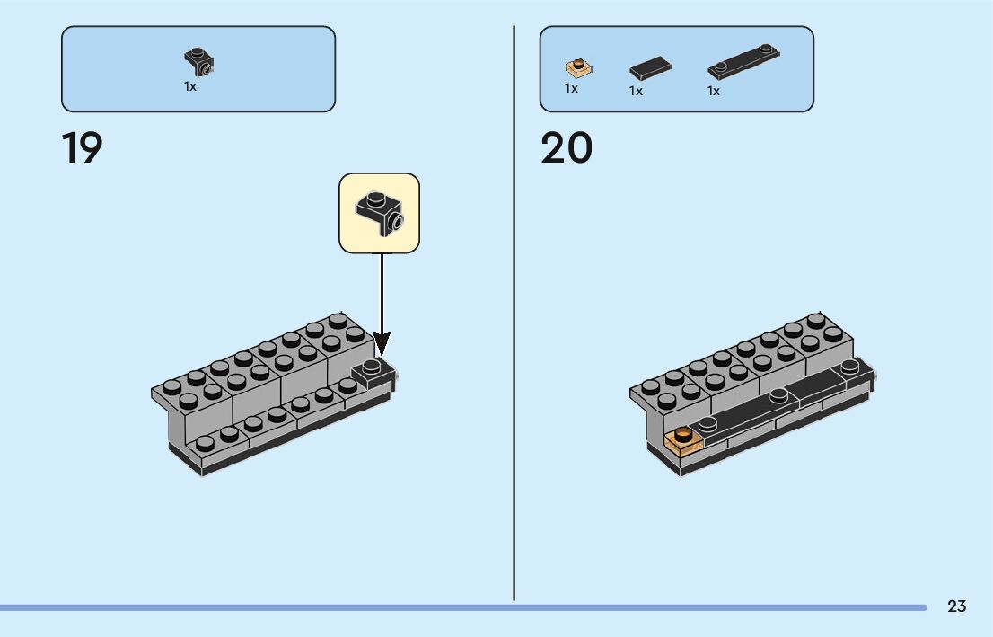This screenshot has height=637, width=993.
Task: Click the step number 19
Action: [x=82, y=148]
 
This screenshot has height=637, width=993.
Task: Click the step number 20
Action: [x=567, y=148]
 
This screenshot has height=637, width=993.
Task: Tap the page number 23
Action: [x=956, y=606]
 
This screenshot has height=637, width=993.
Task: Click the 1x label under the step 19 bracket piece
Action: [x=190, y=87]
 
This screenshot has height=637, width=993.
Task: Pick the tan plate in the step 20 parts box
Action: [x=577, y=67]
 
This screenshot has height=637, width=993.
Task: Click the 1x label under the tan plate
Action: [x=571, y=88]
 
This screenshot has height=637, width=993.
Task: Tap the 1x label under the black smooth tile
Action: [x=636, y=91]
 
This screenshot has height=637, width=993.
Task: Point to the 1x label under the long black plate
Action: [x=714, y=91]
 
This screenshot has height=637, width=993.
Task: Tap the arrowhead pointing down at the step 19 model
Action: [x=382, y=343]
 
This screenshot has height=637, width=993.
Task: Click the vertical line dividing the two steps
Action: [x=514, y=314]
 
